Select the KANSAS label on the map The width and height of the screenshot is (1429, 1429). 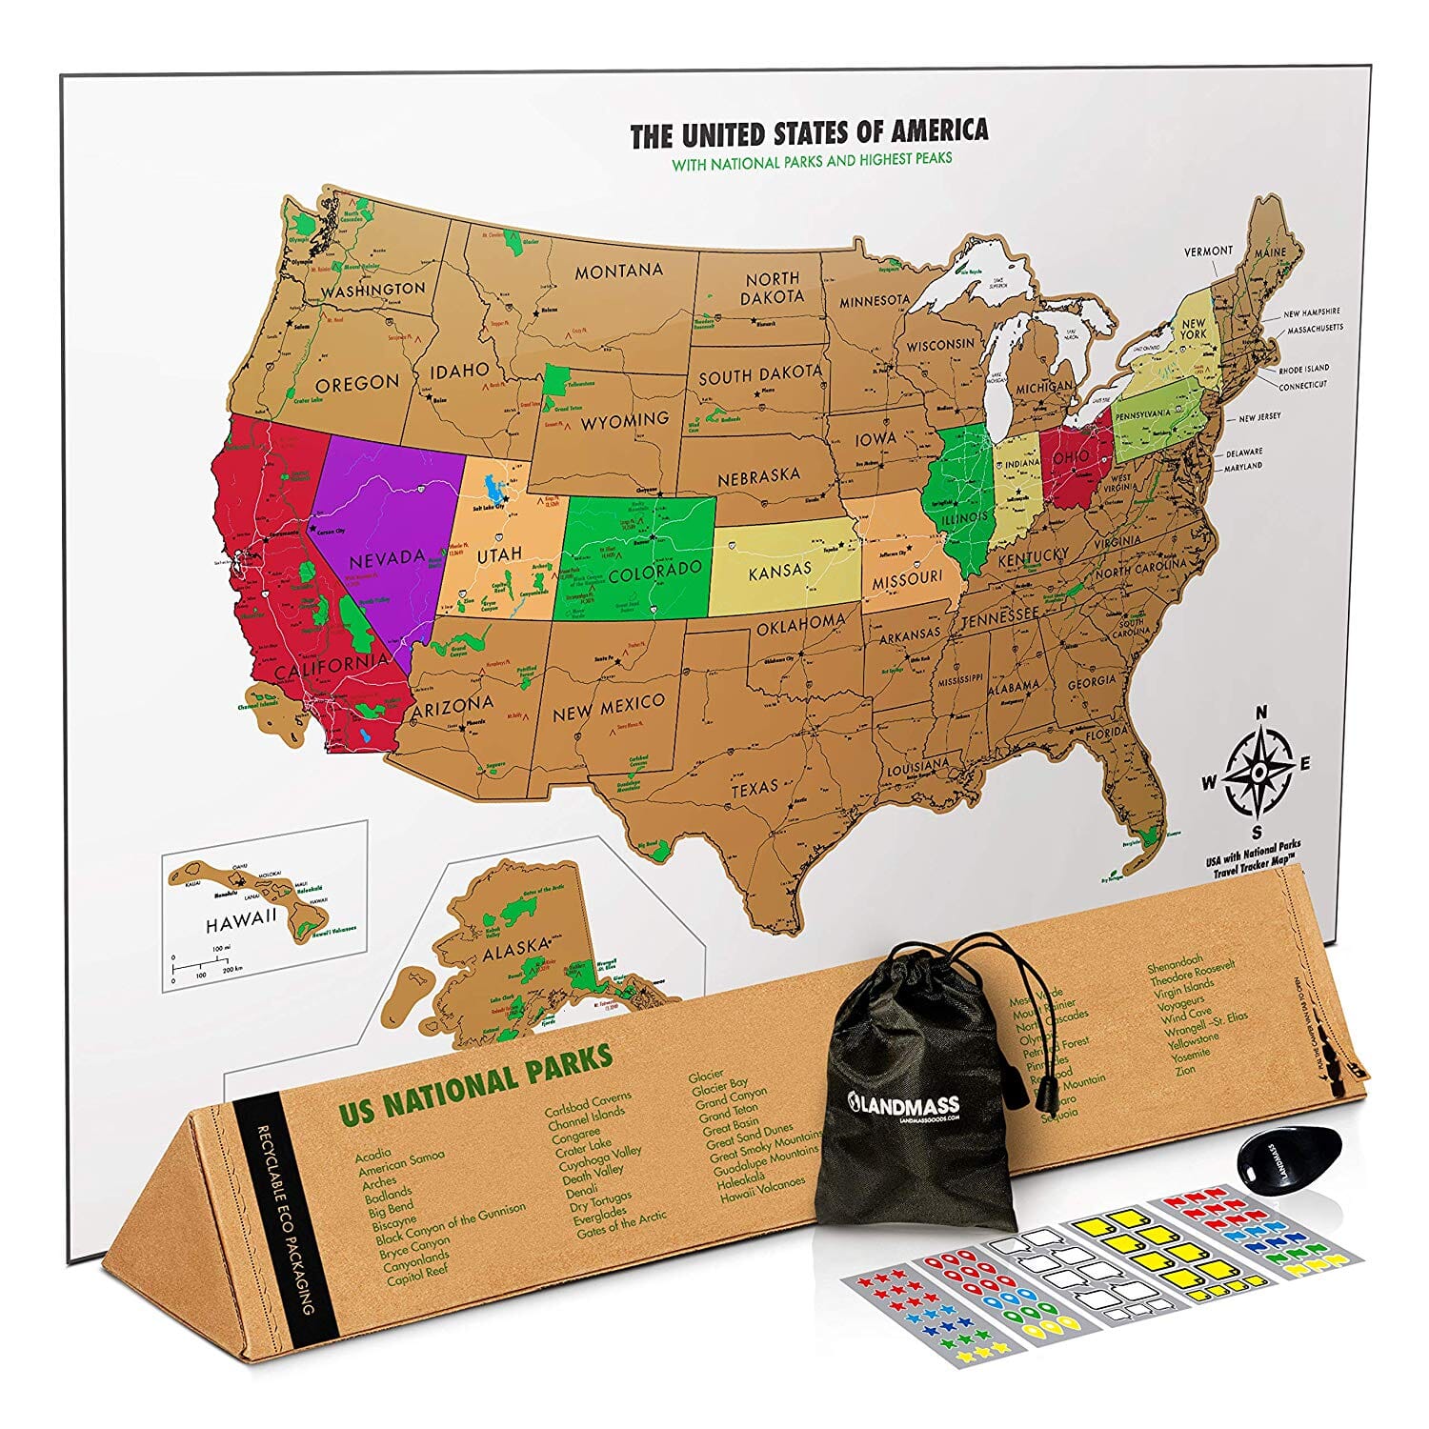click(779, 571)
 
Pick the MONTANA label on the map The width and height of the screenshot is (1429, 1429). click(618, 272)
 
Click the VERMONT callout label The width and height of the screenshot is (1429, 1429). click(1208, 251)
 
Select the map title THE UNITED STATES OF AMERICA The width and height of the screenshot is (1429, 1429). click(809, 133)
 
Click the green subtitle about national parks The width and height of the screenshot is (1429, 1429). click(812, 160)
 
